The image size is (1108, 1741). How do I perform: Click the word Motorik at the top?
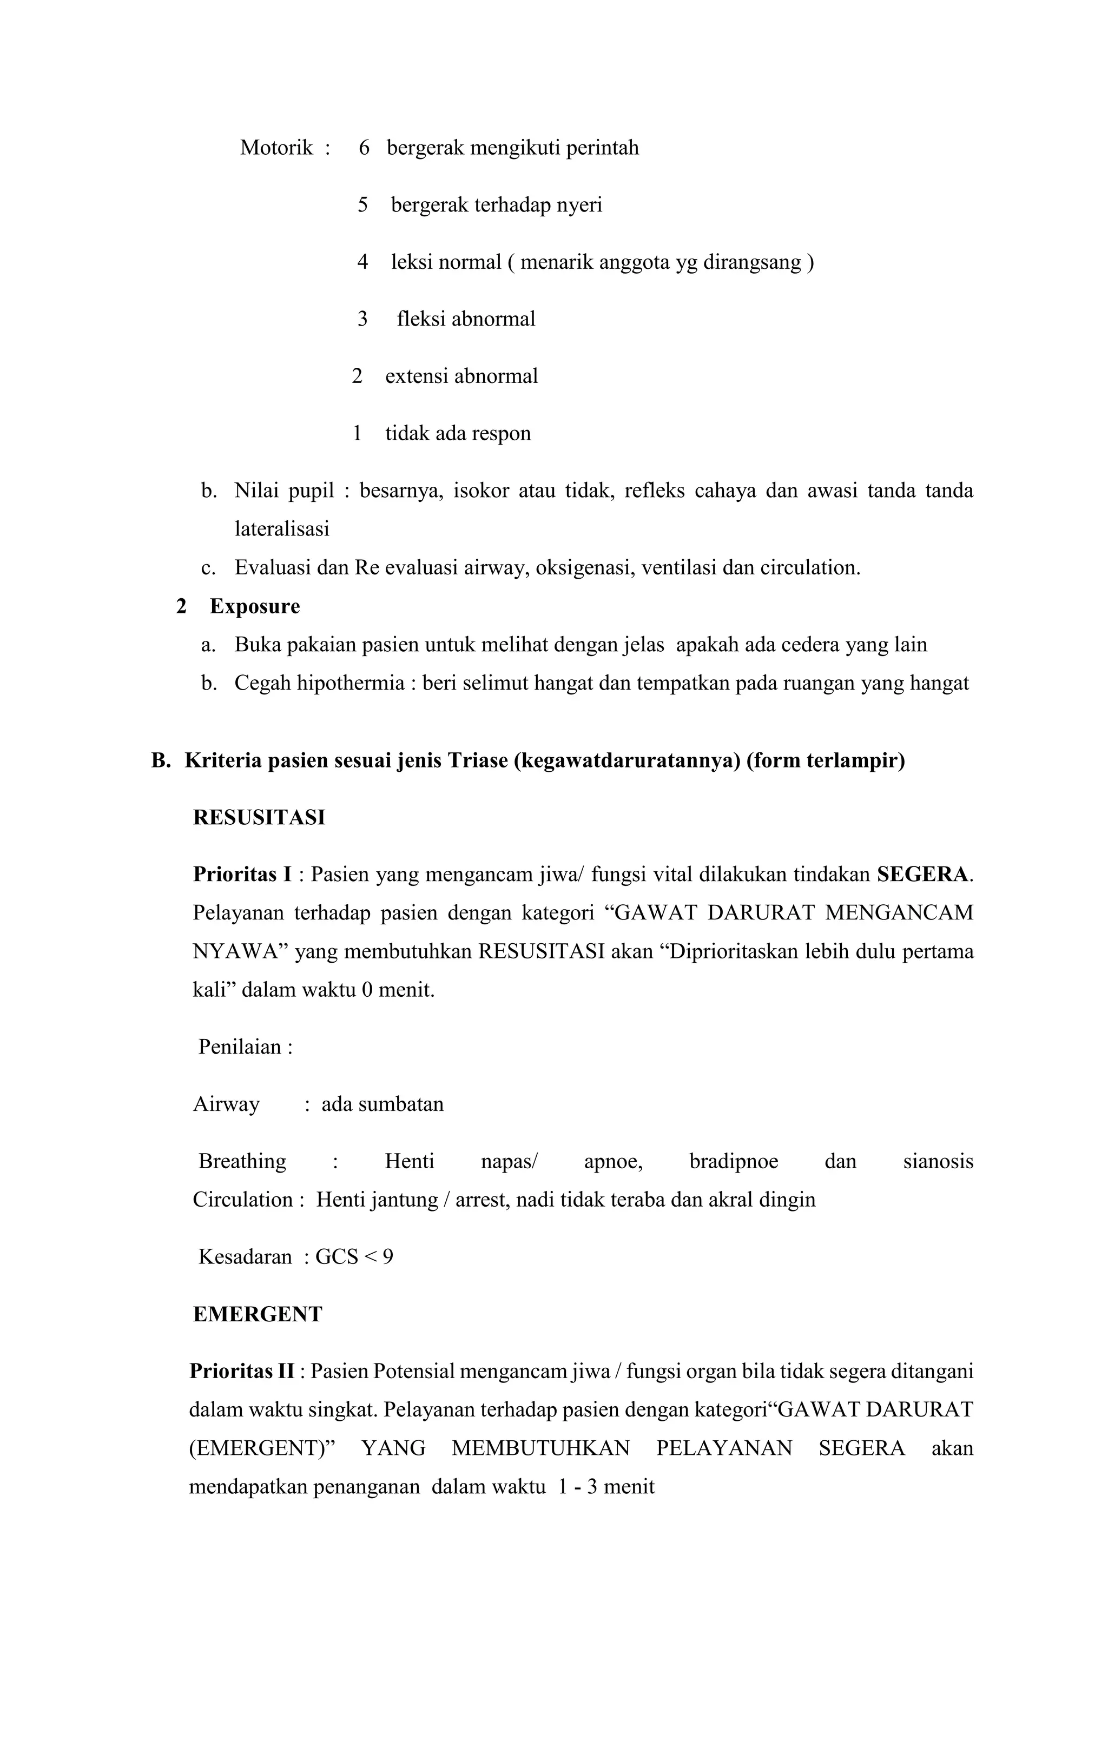[276, 148]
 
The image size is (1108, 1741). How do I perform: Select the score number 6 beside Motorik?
[364, 148]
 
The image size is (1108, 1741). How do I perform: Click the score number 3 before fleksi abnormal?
[362, 319]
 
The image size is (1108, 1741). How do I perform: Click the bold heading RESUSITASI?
[259, 818]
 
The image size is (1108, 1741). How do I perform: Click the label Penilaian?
[240, 1047]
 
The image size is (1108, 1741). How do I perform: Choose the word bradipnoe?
[734, 1161]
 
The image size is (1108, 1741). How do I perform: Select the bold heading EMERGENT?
[258, 1314]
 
